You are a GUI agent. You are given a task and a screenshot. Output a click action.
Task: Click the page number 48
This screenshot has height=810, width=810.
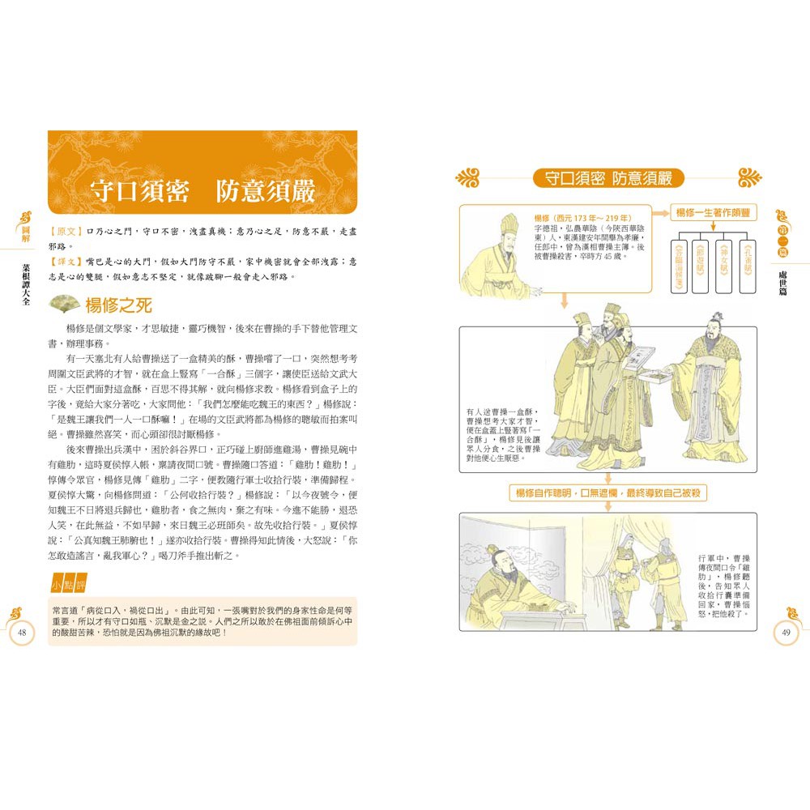coord(23,633)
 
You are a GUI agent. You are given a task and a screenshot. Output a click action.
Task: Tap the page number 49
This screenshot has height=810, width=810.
coord(787,633)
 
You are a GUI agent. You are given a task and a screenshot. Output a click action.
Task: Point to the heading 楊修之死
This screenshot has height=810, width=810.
coord(119,305)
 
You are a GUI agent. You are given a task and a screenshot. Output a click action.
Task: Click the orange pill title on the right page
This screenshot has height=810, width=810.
coord(608,178)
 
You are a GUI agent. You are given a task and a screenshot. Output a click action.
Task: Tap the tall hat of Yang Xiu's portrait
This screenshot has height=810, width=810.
coord(508,220)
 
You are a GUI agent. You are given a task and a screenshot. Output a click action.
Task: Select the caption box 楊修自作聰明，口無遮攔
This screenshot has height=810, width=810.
coord(608,492)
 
